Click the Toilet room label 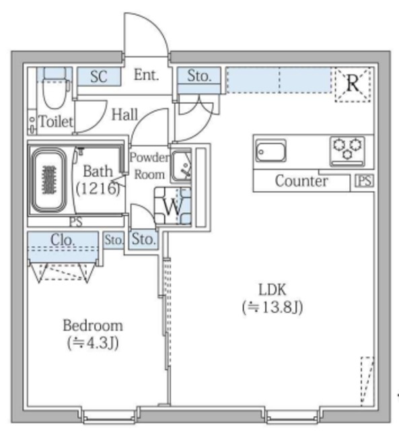coord(56,123)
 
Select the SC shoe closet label coord(98,77)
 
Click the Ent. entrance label coord(145,75)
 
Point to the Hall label coord(125,115)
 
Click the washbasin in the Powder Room coord(181,166)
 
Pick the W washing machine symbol coord(172,207)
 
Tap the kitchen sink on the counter coord(270,152)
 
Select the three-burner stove coord(347,150)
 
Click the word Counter coord(301,181)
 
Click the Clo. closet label coord(64,239)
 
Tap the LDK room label coord(273,290)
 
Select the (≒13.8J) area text coord(273,308)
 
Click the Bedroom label coord(93,326)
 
